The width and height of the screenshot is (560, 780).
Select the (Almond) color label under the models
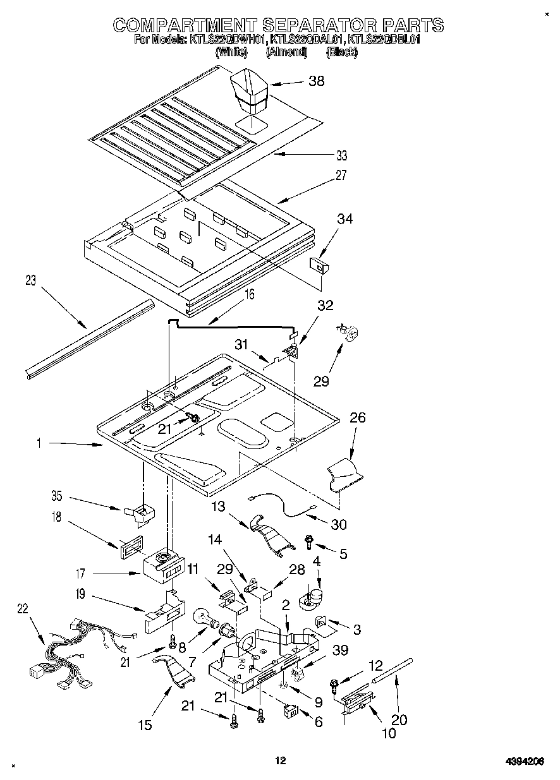[286, 53]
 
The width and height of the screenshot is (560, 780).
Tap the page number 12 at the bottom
[281, 760]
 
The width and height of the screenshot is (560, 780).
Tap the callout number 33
[341, 155]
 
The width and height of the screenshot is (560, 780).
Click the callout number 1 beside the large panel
[39, 444]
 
